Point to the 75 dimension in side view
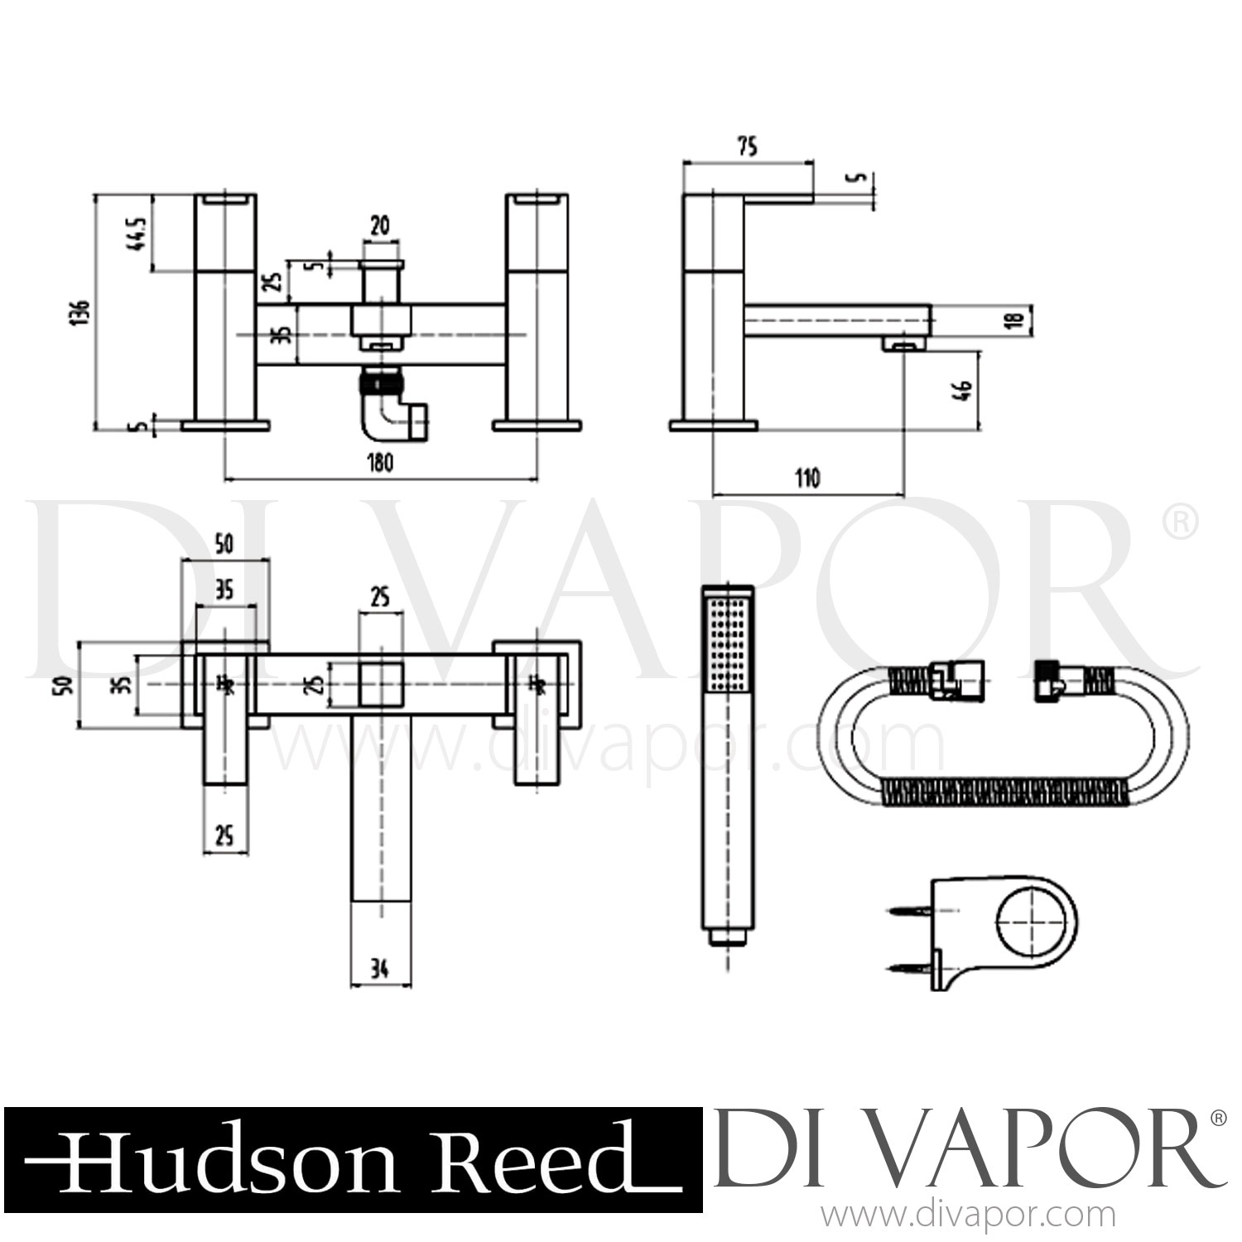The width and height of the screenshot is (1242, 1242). [x=746, y=148]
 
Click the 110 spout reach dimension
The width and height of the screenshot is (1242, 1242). [x=807, y=479]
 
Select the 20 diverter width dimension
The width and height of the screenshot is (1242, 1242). [x=382, y=226]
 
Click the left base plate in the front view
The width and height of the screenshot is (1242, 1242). [x=225, y=426]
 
